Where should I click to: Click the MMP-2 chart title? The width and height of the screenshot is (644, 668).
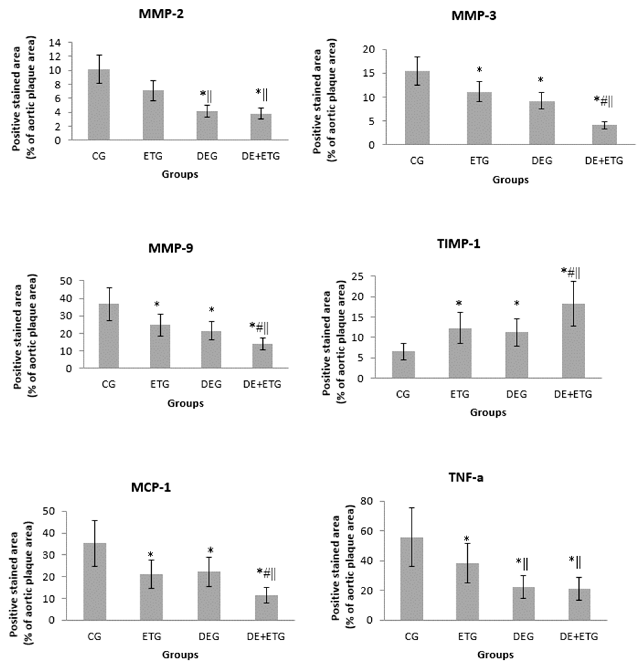161,14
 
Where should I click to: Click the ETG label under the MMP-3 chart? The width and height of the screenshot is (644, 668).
479,161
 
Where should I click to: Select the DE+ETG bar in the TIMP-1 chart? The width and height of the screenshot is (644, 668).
573,341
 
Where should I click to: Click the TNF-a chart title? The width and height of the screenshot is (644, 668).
466,478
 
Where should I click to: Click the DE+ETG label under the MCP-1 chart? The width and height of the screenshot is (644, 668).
266,636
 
